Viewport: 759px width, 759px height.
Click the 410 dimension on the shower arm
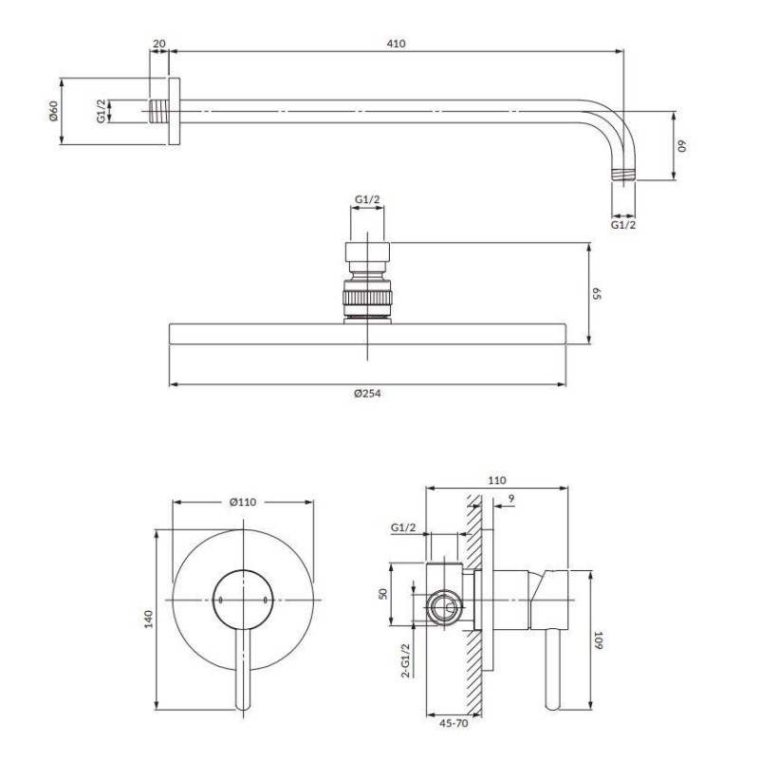coord(396,44)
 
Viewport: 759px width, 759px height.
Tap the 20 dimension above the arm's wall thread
coord(158,44)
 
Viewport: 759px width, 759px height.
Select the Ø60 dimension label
coord(53,111)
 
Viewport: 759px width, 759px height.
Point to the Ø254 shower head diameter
coord(367,394)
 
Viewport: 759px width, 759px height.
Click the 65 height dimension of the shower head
coord(597,293)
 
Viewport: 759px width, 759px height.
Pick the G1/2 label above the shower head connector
coord(367,199)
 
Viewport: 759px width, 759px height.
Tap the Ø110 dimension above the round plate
coord(243,502)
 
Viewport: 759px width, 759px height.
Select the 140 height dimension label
coord(148,620)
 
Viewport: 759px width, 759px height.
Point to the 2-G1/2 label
coord(406,660)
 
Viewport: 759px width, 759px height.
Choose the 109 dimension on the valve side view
coord(599,639)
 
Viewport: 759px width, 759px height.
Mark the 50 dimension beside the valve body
coord(383,594)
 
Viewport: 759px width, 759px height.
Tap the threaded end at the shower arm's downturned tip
coord(623,175)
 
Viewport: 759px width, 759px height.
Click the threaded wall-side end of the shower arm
coord(158,111)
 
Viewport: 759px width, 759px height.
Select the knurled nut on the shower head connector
coord(367,298)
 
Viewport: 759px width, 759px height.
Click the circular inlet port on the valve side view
coord(444,607)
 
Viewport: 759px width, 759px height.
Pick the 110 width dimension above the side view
coord(496,481)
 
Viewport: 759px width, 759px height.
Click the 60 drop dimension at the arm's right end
coord(682,146)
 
